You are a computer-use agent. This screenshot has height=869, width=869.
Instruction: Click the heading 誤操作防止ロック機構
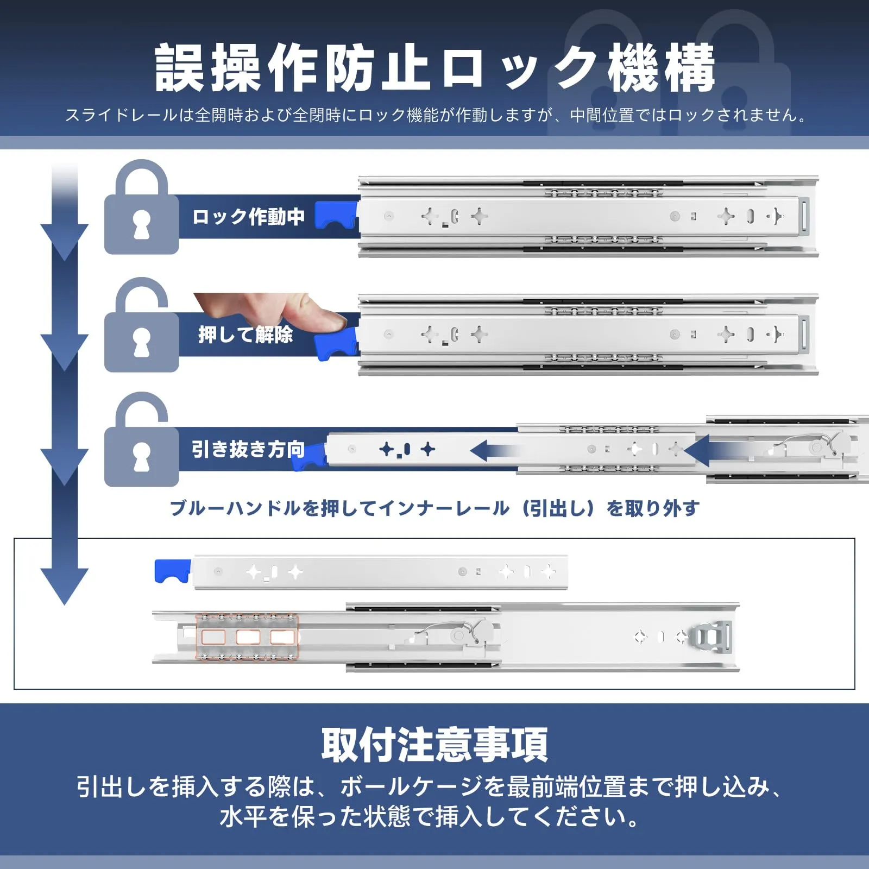coord(434,68)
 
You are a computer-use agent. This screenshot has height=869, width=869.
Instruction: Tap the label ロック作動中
coord(248,217)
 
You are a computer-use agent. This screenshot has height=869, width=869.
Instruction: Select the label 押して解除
coord(245,334)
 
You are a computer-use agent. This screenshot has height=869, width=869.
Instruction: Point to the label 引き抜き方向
coord(248,449)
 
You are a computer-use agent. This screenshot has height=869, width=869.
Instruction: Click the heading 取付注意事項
coord(434,745)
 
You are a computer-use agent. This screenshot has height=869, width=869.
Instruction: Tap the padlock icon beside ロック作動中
coord(142,207)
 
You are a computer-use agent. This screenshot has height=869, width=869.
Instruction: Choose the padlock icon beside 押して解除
coord(142,325)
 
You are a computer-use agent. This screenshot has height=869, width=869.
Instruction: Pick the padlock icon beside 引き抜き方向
coord(142,439)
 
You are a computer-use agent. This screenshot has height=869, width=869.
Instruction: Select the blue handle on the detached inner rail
coord(173,571)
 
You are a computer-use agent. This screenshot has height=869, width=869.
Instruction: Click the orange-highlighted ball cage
coord(247,637)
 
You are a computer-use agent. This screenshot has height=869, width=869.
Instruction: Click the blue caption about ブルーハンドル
coord(434,508)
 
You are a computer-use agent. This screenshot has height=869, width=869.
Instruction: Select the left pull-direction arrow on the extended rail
coord(495,451)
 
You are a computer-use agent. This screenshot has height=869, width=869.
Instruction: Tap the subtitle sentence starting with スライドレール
coord(434,115)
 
